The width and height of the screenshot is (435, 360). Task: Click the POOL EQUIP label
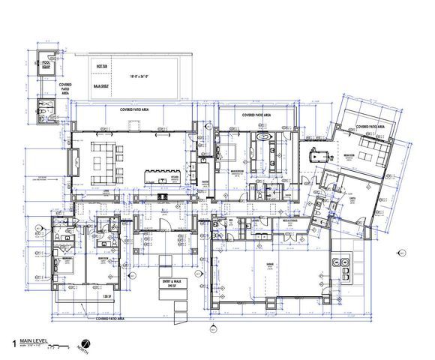45,65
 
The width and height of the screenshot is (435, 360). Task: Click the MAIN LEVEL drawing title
34,339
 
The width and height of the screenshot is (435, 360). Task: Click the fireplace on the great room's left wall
76,158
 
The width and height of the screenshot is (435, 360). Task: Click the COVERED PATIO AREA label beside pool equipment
65,92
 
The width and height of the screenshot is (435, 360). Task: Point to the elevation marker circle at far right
402,252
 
